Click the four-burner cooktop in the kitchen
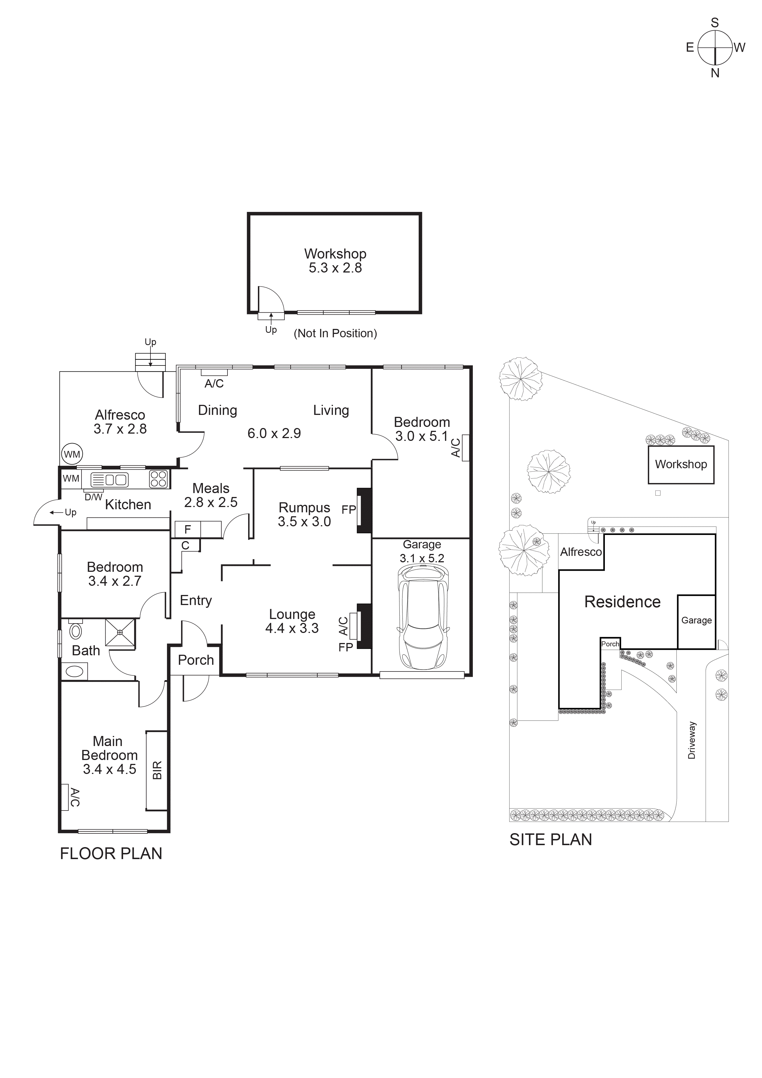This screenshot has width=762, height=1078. coord(159,479)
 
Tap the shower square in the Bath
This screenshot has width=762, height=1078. coord(120,633)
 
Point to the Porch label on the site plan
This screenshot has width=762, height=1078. coord(610,644)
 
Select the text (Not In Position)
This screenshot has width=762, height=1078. coord(335,333)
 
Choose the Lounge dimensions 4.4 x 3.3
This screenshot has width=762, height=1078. coord(292,628)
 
